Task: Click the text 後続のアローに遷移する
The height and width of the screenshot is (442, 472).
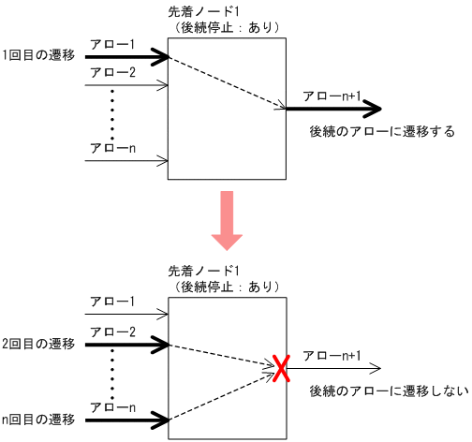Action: point(381,132)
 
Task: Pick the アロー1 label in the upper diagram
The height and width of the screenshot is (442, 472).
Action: point(112,43)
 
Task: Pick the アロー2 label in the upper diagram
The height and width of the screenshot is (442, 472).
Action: point(112,73)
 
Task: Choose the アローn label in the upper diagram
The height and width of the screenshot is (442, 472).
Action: point(112,148)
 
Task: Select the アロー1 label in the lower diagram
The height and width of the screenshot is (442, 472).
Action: point(112,302)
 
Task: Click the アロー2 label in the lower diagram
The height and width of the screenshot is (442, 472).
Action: point(112,332)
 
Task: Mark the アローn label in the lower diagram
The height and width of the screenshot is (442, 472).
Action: point(112,407)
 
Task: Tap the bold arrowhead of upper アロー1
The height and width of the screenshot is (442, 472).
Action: point(163,56)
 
